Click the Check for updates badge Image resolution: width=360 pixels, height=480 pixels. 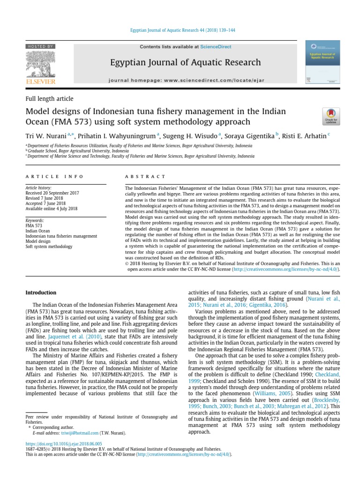click(x=331, y=116)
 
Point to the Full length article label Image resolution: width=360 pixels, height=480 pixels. click(x=49, y=98)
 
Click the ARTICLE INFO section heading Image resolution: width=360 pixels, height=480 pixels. click(x=54, y=176)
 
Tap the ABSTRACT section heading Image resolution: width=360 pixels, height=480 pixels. click(x=145, y=176)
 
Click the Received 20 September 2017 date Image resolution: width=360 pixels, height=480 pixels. click(x=52, y=193)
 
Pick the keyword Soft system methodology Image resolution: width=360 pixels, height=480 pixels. click(x=49, y=246)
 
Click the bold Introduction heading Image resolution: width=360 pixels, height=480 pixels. click(x=41, y=292)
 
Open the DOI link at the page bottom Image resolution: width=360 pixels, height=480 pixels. click(x=63, y=443)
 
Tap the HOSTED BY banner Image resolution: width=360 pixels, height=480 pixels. click(x=41, y=46)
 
